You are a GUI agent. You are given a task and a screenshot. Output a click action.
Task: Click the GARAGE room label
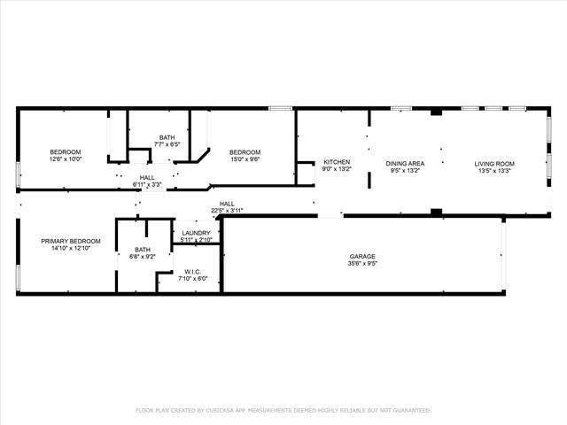pyautogui.click(x=363, y=257)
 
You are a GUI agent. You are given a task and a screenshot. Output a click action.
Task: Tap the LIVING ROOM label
pyautogui.click(x=494, y=163)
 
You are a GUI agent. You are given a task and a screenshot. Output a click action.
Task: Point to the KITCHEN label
pyautogui.click(x=337, y=162)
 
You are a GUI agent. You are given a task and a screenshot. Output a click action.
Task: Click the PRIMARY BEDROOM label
pyautogui.click(x=70, y=241)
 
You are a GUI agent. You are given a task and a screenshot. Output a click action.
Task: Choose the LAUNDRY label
pyautogui.click(x=196, y=233)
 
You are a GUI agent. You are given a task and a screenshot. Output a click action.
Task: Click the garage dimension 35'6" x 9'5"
pyautogui.click(x=363, y=264)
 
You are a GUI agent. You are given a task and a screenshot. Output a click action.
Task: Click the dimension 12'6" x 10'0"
pyautogui.click(x=65, y=160)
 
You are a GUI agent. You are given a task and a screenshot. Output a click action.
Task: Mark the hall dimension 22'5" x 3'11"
pyautogui.click(x=227, y=211)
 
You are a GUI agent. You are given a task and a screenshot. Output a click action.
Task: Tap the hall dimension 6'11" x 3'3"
pyautogui.click(x=147, y=184)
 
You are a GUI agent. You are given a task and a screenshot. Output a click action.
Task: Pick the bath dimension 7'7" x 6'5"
pyautogui.click(x=167, y=144)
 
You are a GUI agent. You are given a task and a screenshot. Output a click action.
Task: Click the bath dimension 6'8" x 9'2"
pyautogui.click(x=143, y=257)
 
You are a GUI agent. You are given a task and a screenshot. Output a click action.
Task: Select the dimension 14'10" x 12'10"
pyautogui.click(x=70, y=248)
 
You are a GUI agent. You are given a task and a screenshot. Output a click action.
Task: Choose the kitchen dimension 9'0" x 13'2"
pyautogui.click(x=337, y=169)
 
